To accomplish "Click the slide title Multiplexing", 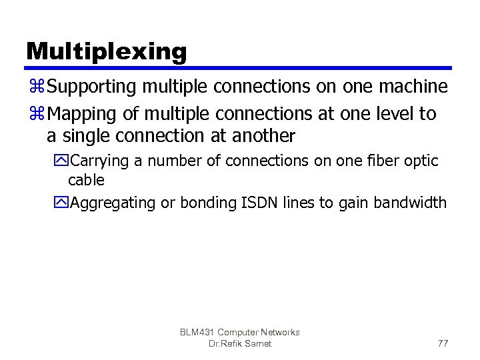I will [107, 51].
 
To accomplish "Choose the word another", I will [264, 136].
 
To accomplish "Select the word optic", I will [420, 161].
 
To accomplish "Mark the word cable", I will [87, 180].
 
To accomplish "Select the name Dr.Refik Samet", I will [240, 343].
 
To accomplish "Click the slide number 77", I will [443, 343].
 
